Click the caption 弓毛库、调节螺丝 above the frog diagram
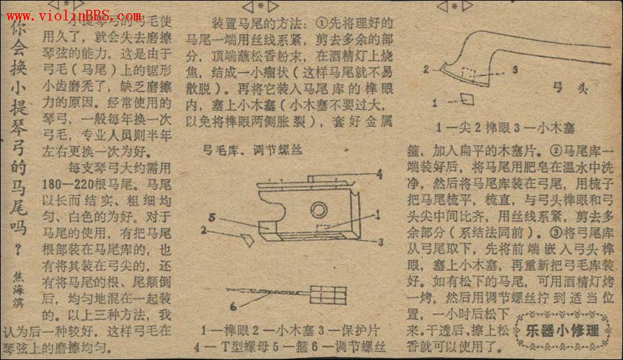(x=252, y=150)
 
